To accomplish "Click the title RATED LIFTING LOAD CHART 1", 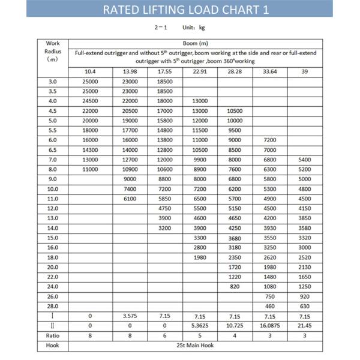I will (179, 10).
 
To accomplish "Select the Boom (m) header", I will (195, 43).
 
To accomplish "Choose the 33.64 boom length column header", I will (270, 72).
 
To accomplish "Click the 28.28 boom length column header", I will (235, 72).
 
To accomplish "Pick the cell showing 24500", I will (90, 101).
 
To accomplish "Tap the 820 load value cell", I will (235, 286).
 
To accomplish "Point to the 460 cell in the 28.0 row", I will (270, 306).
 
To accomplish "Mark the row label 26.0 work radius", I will (53, 296).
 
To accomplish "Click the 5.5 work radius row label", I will (53, 130).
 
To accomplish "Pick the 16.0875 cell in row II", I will (270, 325).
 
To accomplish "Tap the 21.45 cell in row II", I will (305, 325).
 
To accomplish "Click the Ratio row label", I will (53, 335).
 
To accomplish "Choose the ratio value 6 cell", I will (164, 335).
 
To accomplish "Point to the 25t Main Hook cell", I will (195, 346).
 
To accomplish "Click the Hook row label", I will (53, 346).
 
